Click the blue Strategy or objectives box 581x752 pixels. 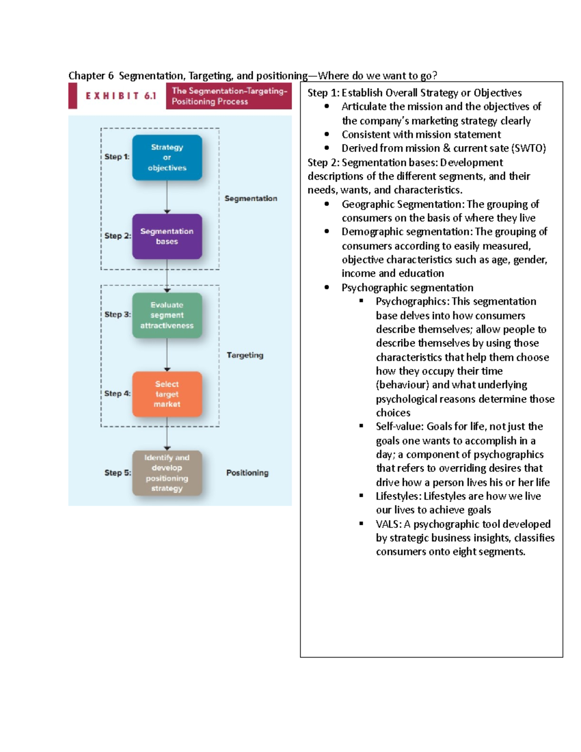tap(167, 157)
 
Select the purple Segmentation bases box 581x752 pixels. tap(167, 236)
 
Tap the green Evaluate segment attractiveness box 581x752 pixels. tap(167, 315)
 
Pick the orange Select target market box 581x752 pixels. tap(167, 394)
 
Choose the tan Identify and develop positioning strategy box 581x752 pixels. tap(167, 473)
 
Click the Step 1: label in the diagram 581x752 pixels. tap(117, 157)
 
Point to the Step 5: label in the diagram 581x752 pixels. tap(117, 473)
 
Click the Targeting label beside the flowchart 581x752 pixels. tap(245, 355)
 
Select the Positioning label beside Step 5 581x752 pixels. tap(247, 473)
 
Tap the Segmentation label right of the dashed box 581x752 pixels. tap(251, 199)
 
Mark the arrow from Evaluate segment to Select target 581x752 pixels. tap(167, 355)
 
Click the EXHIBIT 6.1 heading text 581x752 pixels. tap(121, 96)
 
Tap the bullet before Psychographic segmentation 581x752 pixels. tap(327, 288)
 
